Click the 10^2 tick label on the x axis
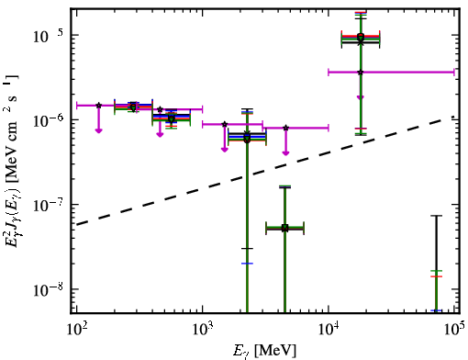click(76, 330)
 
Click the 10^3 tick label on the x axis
click(203, 330)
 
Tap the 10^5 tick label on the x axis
click(455, 330)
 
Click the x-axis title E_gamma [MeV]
click(264, 351)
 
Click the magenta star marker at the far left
click(98, 106)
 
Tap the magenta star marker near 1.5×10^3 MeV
click(225, 124)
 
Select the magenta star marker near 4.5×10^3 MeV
click(285, 128)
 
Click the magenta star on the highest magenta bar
click(361, 73)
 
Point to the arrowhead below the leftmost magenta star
click(98, 131)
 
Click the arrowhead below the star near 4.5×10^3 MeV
click(285, 153)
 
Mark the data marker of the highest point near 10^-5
click(361, 36)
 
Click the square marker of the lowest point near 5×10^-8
click(284, 228)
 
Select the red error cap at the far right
click(437, 276)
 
